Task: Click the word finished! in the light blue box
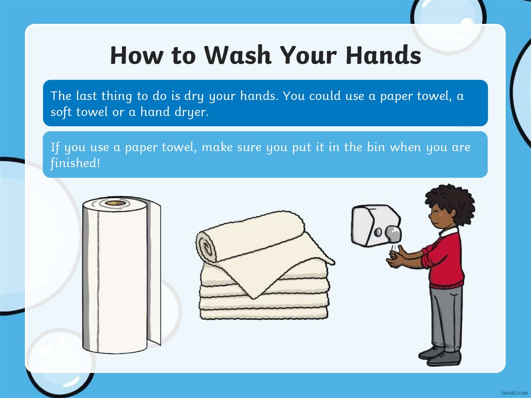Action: pyautogui.click(x=75, y=163)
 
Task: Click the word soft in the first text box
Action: pyautogui.click(x=62, y=112)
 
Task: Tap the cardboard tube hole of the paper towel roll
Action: pyautogui.click(x=116, y=203)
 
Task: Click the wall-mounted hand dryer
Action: pyautogui.click(x=376, y=225)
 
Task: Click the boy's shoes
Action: pyautogui.click(x=440, y=356)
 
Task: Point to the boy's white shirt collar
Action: pyautogui.click(x=448, y=232)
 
